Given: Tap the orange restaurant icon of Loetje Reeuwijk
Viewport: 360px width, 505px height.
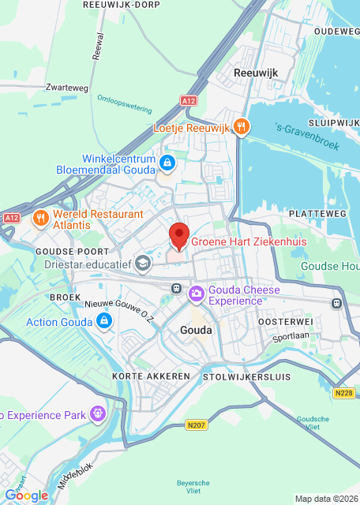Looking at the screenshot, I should [x=242, y=126].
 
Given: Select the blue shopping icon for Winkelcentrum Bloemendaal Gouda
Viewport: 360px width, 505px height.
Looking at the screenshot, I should [x=167, y=163].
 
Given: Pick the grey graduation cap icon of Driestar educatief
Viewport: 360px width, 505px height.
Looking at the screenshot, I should [x=143, y=263].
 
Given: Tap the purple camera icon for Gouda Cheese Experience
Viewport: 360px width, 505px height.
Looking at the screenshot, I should [x=196, y=294].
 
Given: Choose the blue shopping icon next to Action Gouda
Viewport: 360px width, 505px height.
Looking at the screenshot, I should [x=103, y=321].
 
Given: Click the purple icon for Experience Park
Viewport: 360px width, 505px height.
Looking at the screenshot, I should [x=97, y=412].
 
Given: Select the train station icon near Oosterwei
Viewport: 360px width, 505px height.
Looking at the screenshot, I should [x=336, y=302].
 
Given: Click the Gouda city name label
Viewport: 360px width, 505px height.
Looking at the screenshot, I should [x=196, y=330].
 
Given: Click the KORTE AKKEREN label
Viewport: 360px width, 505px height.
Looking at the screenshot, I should [x=151, y=376].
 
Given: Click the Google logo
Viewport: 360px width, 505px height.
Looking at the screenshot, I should [x=26, y=495].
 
